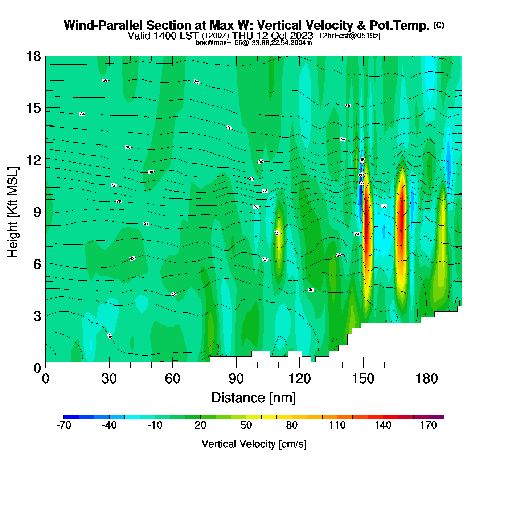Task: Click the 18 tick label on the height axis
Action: coord(33,56)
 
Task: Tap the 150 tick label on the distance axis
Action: coord(363,379)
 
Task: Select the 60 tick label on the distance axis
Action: coord(172,379)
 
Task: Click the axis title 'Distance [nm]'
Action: coord(254,398)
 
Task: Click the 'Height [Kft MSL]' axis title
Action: coord(13,212)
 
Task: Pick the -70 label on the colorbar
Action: coord(64,425)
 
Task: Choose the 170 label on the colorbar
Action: coord(429,425)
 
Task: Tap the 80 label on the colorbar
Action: coord(291,425)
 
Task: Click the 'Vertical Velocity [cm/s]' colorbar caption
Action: coord(254,444)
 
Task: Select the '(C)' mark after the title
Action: coord(439,25)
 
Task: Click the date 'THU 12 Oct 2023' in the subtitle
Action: coord(273,36)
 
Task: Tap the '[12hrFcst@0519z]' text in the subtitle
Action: coord(348,36)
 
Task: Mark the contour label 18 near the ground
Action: coord(109,336)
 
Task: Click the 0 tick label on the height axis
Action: coord(37,368)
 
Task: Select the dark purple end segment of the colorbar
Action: coord(436,417)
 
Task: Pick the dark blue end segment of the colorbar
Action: coord(71,417)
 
